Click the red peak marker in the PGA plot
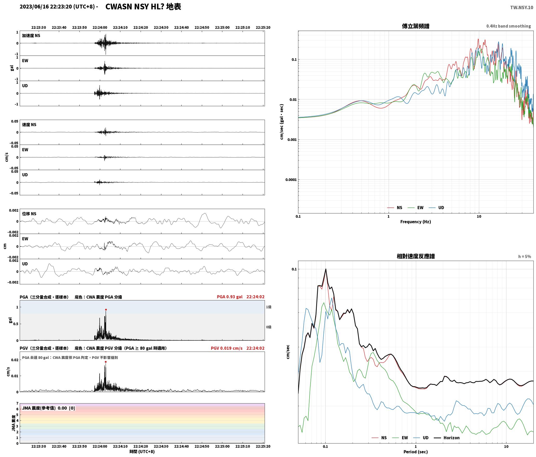[106, 310]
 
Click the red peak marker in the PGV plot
[106, 362]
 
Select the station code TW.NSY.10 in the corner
[521, 8]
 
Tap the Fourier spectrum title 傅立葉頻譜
[415, 26]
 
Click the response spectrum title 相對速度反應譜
[416, 256]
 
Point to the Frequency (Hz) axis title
[415, 222]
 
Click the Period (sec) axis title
[415, 452]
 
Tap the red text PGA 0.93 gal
[230, 297]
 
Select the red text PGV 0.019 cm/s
[226, 348]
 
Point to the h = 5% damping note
[525, 257]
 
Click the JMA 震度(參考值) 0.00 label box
[49, 408]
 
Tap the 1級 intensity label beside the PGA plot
[269, 307]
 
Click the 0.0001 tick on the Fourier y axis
[291, 180]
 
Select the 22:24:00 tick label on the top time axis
[100, 28]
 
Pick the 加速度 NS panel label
[31, 36]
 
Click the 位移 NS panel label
[29, 214]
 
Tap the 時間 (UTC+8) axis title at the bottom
[142, 452]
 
